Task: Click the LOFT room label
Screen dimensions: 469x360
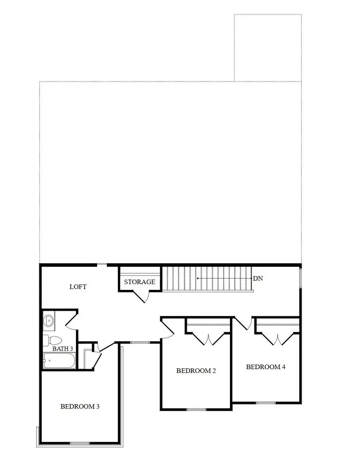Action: click(x=78, y=287)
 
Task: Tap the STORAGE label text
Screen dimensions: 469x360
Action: click(x=140, y=282)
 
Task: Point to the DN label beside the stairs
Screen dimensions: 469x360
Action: click(x=258, y=278)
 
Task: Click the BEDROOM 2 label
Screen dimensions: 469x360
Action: click(x=196, y=371)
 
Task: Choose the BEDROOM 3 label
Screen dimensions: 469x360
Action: click(x=80, y=406)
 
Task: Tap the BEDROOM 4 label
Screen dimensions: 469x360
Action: click(x=266, y=367)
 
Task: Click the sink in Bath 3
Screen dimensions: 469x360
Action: click(x=49, y=320)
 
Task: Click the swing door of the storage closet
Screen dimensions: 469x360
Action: click(x=142, y=297)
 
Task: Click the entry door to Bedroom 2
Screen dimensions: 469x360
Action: click(x=167, y=328)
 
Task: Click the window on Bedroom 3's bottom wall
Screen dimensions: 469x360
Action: click(x=80, y=443)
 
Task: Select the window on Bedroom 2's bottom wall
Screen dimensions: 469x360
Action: click(x=196, y=409)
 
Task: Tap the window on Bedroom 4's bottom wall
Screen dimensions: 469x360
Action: click(x=266, y=402)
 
